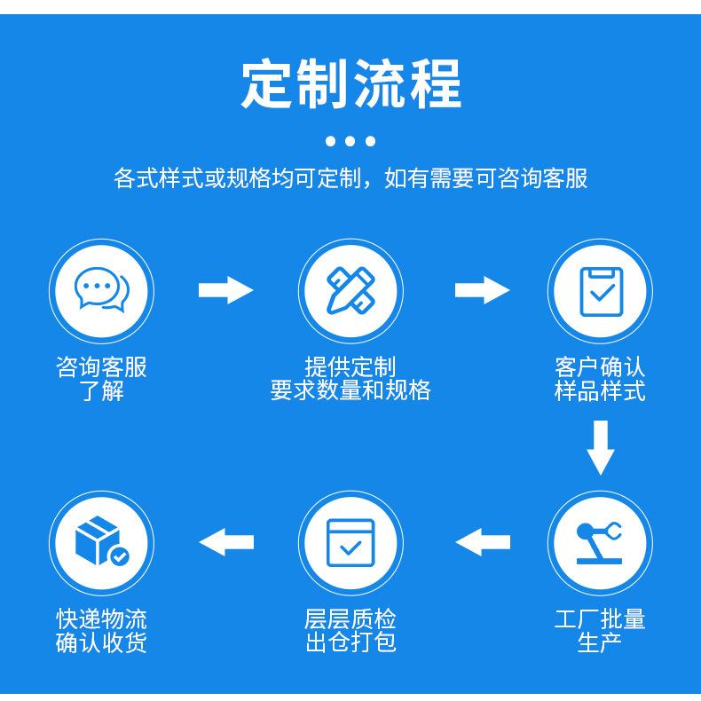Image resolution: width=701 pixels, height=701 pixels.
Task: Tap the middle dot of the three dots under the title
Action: (x=350, y=140)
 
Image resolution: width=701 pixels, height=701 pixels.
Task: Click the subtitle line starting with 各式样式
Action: (x=350, y=178)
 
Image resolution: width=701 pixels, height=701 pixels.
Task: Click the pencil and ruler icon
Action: (x=350, y=290)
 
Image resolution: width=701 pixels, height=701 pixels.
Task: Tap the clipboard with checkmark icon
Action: (x=600, y=290)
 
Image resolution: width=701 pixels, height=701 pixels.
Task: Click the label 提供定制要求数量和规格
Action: (x=350, y=379)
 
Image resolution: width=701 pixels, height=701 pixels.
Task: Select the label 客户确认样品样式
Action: (x=600, y=379)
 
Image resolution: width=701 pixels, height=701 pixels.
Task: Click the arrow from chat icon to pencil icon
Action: (x=225, y=290)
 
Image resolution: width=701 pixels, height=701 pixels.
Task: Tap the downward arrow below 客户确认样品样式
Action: (x=601, y=449)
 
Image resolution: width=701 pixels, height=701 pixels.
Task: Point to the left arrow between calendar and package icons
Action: (x=226, y=541)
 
